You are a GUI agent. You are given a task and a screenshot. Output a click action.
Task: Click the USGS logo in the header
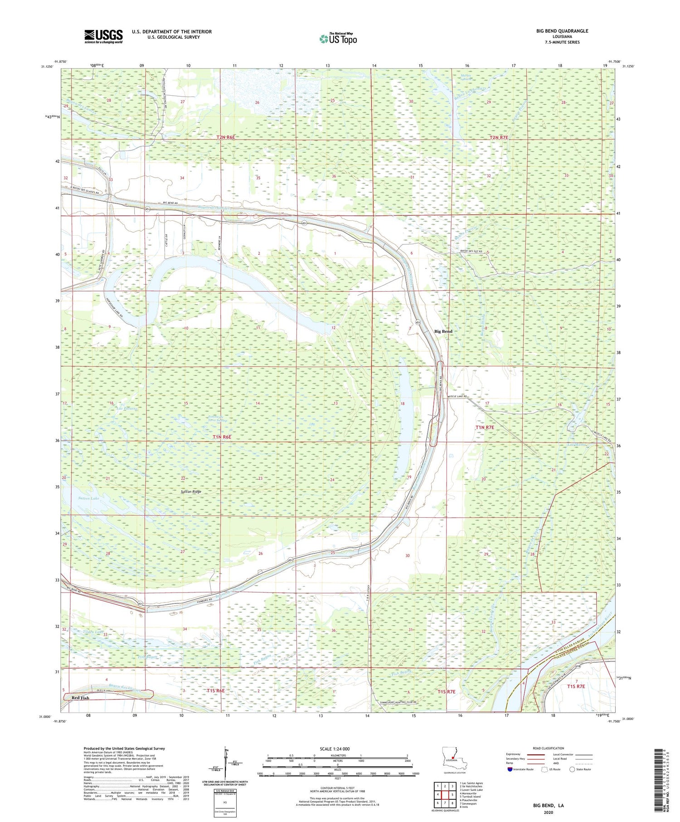tap(103, 36)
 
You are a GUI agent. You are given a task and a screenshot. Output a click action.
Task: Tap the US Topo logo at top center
tap(338, 39)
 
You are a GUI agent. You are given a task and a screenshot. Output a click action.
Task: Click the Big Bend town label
tap(443, 331)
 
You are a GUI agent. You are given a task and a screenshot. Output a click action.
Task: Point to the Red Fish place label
tap(80, 698)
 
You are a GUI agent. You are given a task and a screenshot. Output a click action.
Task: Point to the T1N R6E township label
tap(222, 437)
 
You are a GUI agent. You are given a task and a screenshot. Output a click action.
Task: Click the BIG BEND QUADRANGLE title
tap(562, 31)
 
